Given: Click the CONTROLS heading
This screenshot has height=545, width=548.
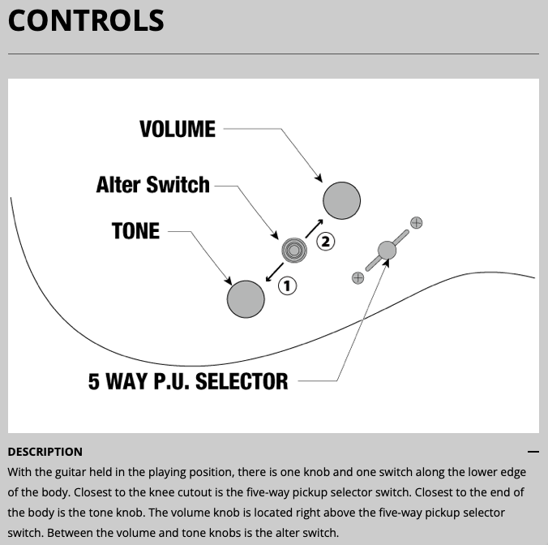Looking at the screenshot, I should (x=86, y=21).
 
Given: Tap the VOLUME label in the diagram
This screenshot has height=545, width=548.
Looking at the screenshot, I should (x=178, y=129).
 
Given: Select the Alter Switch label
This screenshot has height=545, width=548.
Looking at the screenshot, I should (x=152, y=185).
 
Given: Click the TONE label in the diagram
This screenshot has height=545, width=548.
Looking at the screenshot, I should (x=135, y=231).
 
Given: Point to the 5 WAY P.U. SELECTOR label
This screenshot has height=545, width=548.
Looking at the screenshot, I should (x=188, y=381).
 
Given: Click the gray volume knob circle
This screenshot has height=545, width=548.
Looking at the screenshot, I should (x=341, y=200).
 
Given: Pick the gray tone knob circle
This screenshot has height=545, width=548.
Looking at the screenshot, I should (x=246, y=298).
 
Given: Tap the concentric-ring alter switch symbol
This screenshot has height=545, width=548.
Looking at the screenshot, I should (x=293, y=251).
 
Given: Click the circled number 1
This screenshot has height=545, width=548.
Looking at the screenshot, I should (x=287, y=285).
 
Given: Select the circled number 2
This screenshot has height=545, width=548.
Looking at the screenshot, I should (x=325, y=241).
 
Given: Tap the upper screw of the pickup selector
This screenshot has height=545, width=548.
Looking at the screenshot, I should (x=417, y=222).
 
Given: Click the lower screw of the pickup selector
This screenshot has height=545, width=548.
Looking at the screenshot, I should (x=357, y=277).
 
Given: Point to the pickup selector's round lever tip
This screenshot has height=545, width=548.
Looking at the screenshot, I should (x=387, y=250).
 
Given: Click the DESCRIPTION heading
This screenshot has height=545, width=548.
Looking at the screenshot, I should (x=45, y=452).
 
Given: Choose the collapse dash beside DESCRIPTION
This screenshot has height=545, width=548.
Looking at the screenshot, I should (x=533, y=452).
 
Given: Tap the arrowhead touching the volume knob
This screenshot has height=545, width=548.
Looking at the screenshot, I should (x=319, y=178).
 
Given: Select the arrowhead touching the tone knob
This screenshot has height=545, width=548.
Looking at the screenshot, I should (x=229, y=281).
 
